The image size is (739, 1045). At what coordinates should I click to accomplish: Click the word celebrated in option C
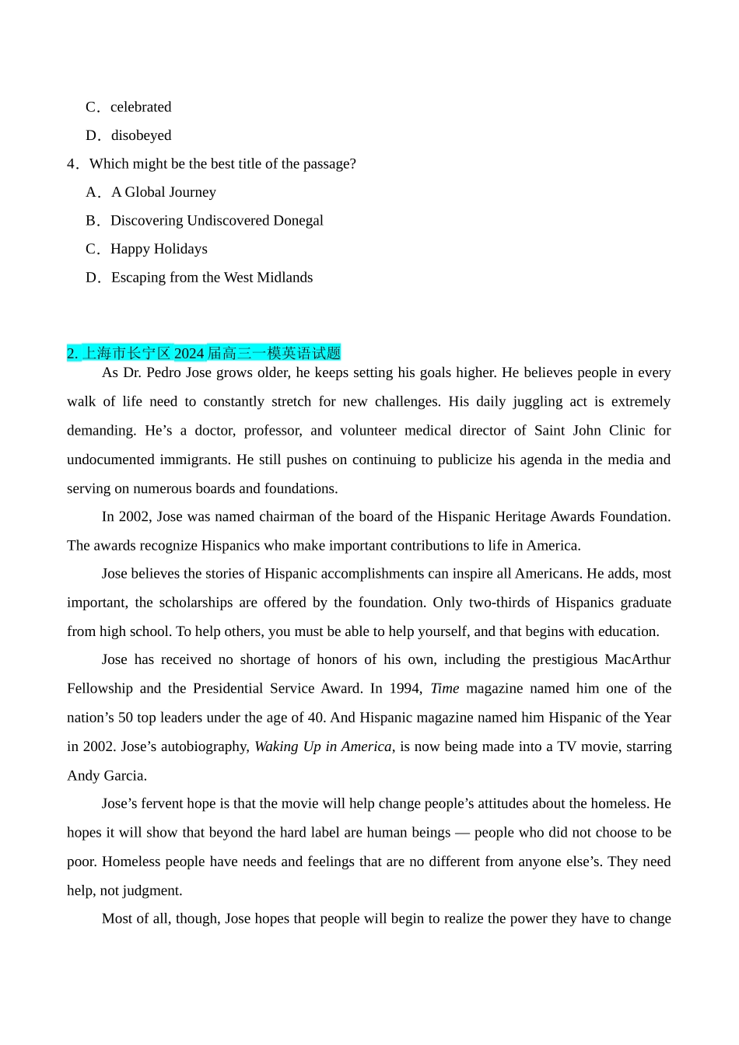point(141,107)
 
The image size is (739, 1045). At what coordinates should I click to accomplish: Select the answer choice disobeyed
point(141,135)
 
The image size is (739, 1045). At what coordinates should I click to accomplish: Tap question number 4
point(72,164)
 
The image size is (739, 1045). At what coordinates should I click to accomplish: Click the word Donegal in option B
point(298,221)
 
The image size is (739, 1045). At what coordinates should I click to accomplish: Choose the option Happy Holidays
point(159,250)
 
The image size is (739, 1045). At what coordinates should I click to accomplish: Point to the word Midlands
point(284,278)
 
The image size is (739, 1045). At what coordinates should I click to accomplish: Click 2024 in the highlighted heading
point(189,354)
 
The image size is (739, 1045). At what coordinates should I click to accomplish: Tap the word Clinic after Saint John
point(627,431)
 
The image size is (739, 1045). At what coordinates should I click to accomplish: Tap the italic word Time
point(445,689)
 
